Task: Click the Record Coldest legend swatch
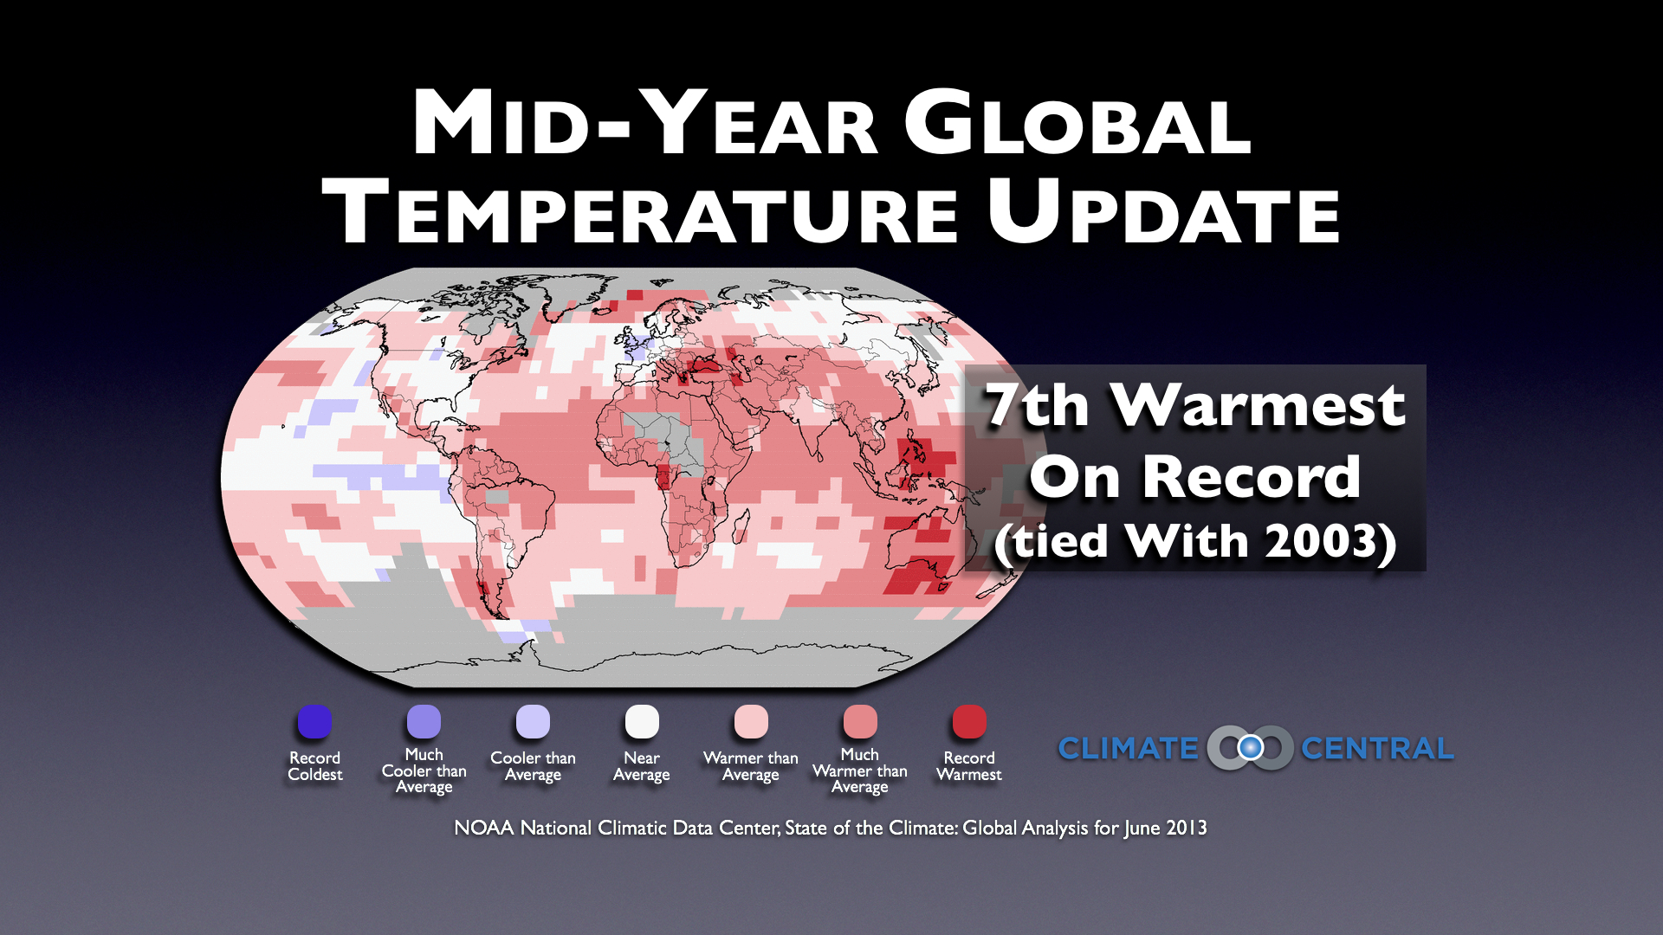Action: (314, 721)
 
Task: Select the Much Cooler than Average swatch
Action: (424, 721)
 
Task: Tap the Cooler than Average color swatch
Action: (533, 721)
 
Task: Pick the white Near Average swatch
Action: (642, 721)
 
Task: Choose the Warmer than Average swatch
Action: (751, 721)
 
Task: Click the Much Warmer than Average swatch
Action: (860, 721)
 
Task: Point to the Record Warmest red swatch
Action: (969, 721)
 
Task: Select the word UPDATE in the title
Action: (1163, 210)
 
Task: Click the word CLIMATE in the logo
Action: (1128, 748)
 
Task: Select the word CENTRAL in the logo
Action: (1377, 748)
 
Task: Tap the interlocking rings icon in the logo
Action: (1250, 747)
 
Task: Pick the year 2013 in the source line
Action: (1186, 828)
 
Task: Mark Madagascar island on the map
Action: (741, 527)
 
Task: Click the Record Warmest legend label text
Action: (969, 766)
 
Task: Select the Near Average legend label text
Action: (642, 766)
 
